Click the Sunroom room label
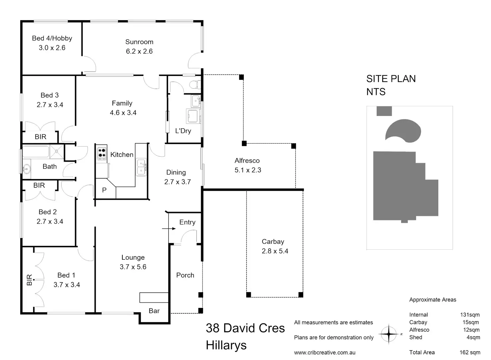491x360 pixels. coord(139,42)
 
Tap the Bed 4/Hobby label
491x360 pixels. coord(52,38)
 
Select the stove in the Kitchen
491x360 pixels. coord(102,153)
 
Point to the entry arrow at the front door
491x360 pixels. coord(169,229)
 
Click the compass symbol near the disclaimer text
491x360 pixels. coord(389,333)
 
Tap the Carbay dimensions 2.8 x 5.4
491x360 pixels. coord(275,251)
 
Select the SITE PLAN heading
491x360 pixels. coord(391,79)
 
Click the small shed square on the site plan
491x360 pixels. coord(384,111)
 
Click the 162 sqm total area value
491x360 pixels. coord(470,352)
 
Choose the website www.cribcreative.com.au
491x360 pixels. coord(325,352)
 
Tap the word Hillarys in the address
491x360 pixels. coord(226,345)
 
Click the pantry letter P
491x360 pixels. coord(104,190)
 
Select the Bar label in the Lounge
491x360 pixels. coord(154,311)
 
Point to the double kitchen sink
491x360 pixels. coord(141,167)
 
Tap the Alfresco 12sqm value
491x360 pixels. coord(471,330)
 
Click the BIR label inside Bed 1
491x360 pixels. coord(29,280)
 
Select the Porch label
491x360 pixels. coord(185,275)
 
